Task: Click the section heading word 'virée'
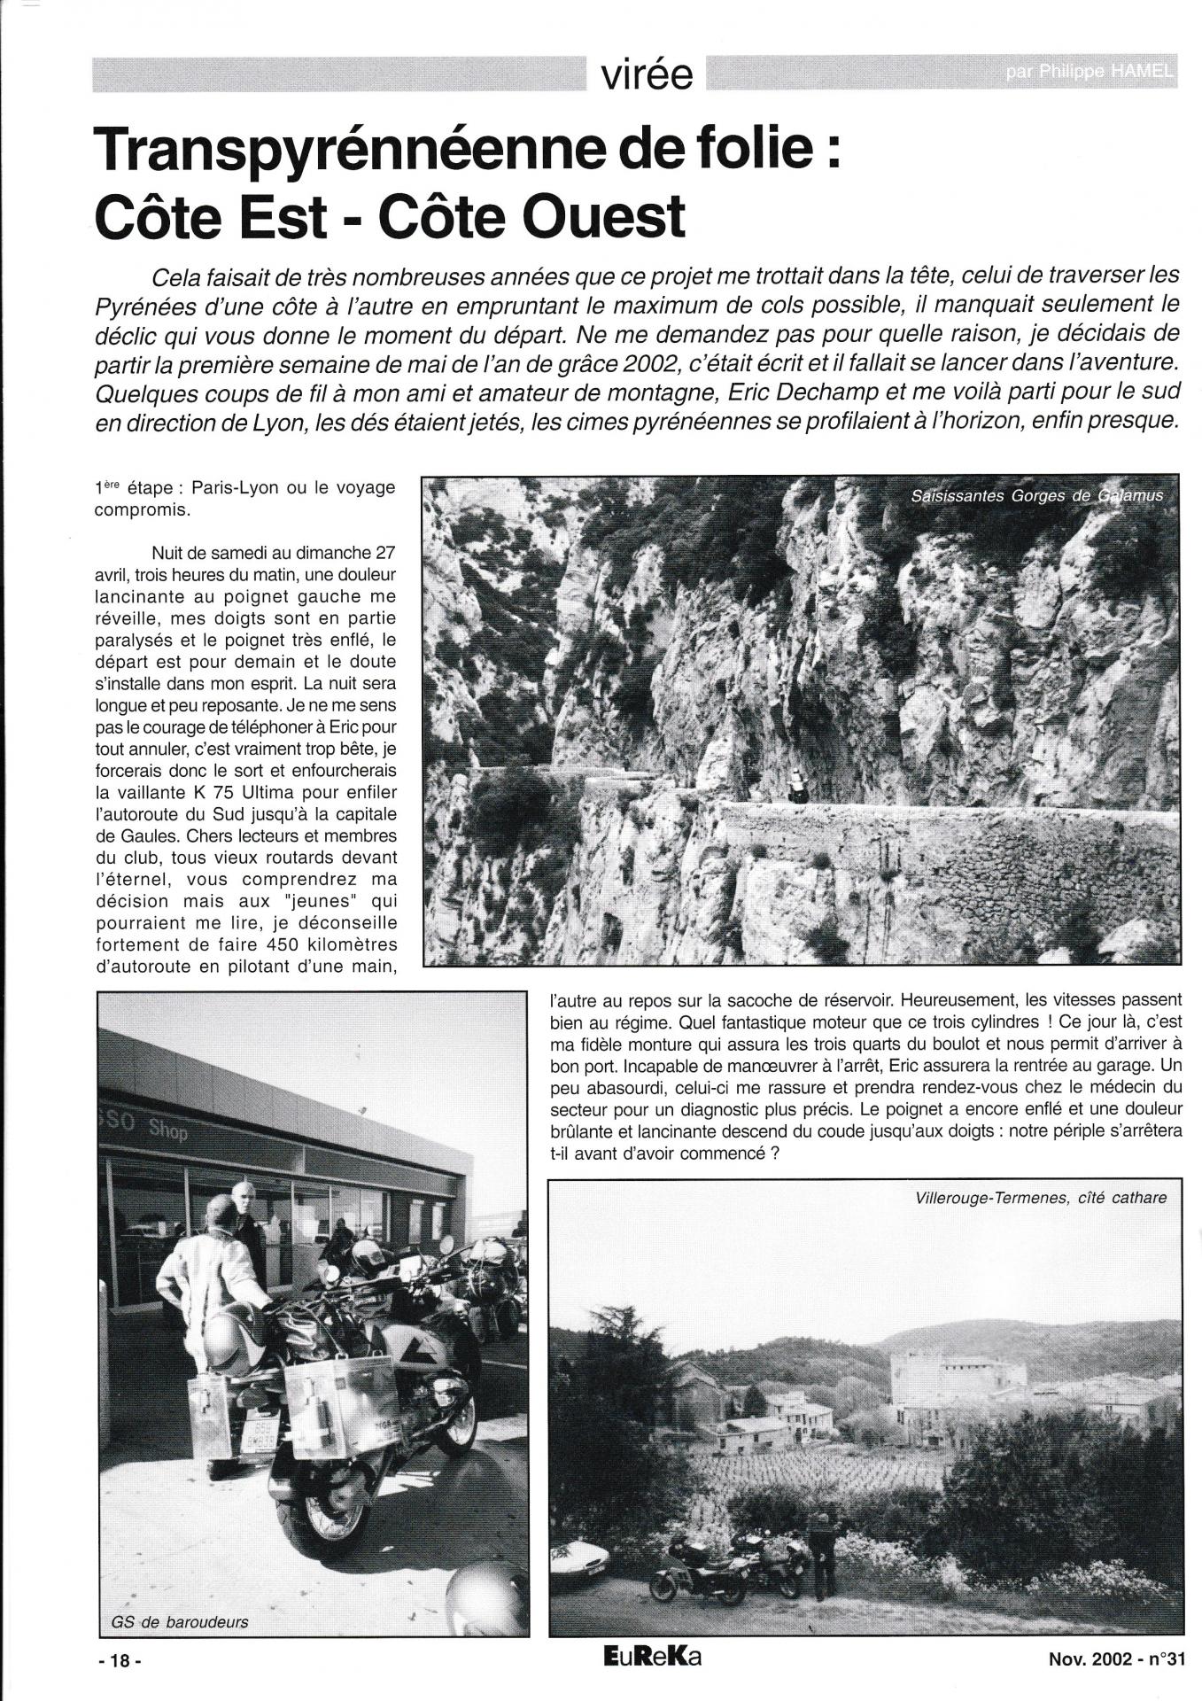[x=647, y=76]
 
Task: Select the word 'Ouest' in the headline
[x=604, y=216]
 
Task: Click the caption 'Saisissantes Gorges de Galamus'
[x=1035, y=496]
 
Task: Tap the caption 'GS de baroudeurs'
[x=174, y=1623]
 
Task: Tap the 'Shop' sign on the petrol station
[x=167, y=1130]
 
